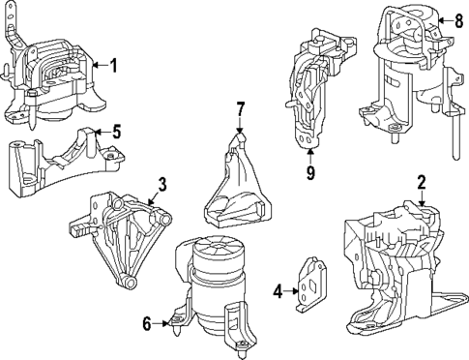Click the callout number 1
tap(113, 66)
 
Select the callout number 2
tap(422, 181)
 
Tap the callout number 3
tap(162, 182)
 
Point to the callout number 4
tap(278, 288)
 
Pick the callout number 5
tap(115, 131)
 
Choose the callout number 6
tap(147, 324)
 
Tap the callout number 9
tap(310, 173)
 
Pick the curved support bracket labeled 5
tap(53, 161)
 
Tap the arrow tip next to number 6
tap(167, 324)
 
